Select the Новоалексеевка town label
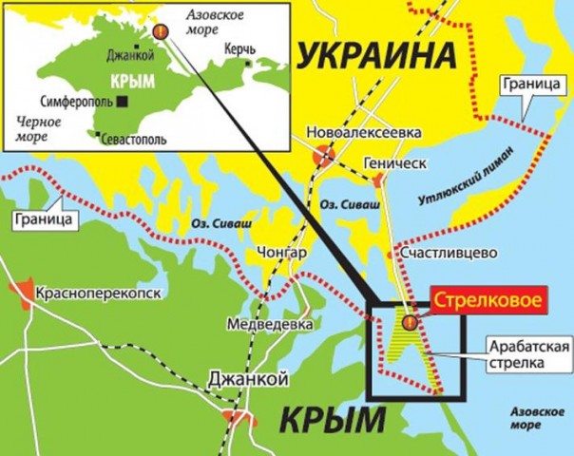point(363,133)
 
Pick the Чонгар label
point(282,254)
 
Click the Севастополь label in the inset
point(135,139)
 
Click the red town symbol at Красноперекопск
point(21,288)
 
